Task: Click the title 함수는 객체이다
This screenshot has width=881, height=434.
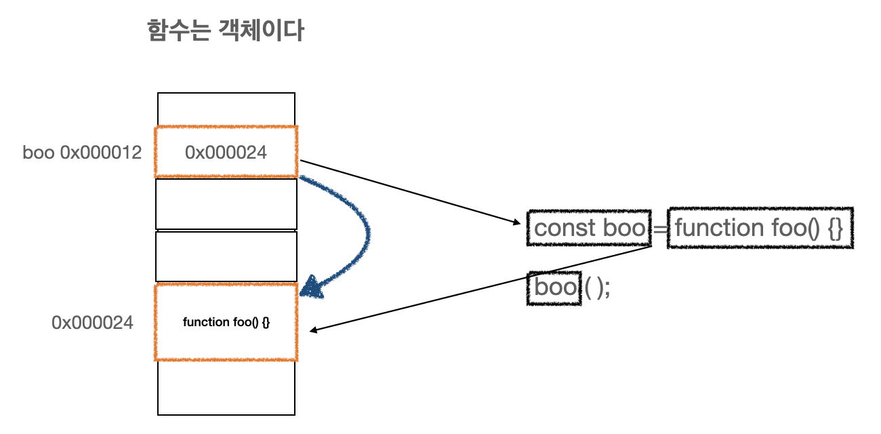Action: point(225,31)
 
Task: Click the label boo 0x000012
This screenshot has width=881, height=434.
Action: point(82,153)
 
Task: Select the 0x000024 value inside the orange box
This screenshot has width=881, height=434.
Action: point(226,153)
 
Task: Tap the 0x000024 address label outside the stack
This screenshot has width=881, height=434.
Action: point(92,323)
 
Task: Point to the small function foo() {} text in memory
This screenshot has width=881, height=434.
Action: point(226,322)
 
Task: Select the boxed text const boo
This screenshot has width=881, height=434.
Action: point(589,228)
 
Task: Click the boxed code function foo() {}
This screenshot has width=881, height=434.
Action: point(759,228)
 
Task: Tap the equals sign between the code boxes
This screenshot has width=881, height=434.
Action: point(659,229)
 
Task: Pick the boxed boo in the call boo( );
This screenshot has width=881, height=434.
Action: point(554,288)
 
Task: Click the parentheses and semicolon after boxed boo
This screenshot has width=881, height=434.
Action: point(598,288)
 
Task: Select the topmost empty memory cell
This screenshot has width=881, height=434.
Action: point(226,109)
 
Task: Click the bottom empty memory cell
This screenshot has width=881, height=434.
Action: point(226,387)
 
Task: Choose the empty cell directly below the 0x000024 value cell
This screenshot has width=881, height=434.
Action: point(226,203)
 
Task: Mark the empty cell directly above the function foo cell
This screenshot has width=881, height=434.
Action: point(226,256)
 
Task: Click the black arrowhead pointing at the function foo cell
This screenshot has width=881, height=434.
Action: point(314,331)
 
